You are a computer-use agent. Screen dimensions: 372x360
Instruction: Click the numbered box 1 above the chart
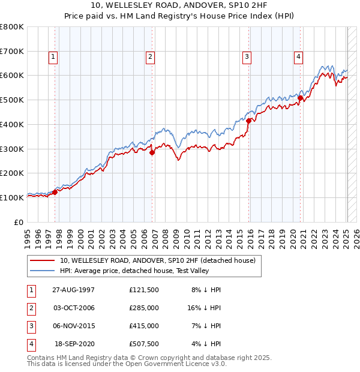[53, 58]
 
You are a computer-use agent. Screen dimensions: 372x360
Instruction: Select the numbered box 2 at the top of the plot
[150, 58]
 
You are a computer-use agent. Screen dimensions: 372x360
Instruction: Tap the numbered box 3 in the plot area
[247, 58]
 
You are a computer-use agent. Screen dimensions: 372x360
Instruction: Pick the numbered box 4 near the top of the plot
[298, 58]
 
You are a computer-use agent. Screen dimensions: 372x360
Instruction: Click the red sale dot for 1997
[55, 192]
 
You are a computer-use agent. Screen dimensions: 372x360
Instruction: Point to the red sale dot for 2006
[152, 152]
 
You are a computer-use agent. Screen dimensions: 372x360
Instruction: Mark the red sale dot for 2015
[248, 121]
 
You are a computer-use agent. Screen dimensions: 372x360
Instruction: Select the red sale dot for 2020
[300, 98]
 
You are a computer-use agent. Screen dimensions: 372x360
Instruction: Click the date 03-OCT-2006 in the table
[74, 308]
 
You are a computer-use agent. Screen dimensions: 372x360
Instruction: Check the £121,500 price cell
[144, 290]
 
